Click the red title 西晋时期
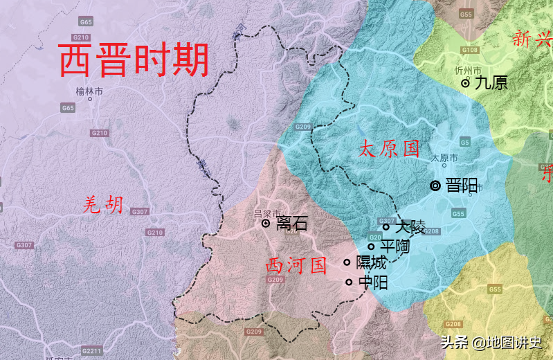pos(134,60)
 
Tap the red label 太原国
pos(389,148)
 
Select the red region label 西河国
pos(296,265)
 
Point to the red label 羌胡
pos(103,204)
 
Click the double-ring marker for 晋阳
pos(435,186)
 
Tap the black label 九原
pos(491,83)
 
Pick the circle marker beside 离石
pos(265,224)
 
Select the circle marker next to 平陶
pos(371,246)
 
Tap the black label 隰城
pos(371,262)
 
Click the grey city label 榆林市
pos(89,91)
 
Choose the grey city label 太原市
pos(444,158)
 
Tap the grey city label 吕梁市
pos(267,213)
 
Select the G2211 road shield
pos(91,352)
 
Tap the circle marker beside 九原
pos(465,83)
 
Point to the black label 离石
pos(291,224)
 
